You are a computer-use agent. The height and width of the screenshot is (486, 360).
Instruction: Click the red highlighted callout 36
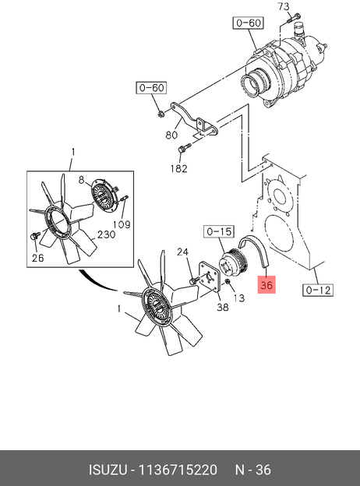pyautogui.click(x=266, y=284)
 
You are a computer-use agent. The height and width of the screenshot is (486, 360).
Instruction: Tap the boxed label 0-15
pyautogui.click(x=219, y=231)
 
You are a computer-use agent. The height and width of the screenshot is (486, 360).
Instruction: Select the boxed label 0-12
pyautogui.click(x=318, y=290)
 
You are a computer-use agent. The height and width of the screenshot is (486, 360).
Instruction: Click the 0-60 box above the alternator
pyautogui.click(x=249, y=23)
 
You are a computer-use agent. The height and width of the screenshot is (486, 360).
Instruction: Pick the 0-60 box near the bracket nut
pyautogui.click(x=151, y=88)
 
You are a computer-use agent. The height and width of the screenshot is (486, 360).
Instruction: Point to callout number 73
pyautogui.click(x=284, y=6)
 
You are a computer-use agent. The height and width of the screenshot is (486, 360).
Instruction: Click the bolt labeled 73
pyautogui.click(x=293, y=18)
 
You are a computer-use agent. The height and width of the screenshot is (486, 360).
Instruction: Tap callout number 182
pyautogui.click(x=179, y=168)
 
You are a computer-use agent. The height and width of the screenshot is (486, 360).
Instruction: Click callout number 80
pyautogui.click(x=171, y=135)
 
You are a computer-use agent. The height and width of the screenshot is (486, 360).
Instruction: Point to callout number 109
pyautogui.click(x=122, y=224)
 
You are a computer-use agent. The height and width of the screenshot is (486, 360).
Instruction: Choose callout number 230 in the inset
pyautogui.click(x=106, y=234)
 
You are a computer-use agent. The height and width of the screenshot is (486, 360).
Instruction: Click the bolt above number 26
pyautogui.click(x=35, y=235)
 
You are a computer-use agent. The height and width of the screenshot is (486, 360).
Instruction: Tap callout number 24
pyautogui.click(x=182, y=252)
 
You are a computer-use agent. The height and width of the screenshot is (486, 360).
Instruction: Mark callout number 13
pyautogui.click(x=238, y=298)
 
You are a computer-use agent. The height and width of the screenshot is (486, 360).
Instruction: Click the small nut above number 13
pyautogui.click(x=227, y=281)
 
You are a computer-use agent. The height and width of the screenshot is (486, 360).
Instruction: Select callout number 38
pyautogui.click(x=223, y=307)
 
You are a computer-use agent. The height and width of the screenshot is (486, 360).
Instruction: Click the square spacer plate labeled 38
pyautogui.click(x=210, y=276)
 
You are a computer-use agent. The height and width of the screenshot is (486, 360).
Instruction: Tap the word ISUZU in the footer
pyautogui.click(x=108, y=470)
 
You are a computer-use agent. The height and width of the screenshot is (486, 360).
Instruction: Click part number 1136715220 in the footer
pyautogui.click(x=178, y=470)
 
